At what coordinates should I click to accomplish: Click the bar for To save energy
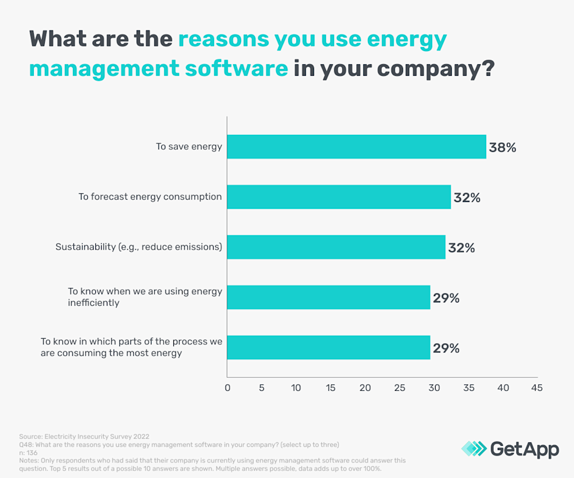click(356, 147)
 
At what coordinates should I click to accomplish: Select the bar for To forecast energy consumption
click(339, 197)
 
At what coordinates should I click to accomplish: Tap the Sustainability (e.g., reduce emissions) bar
click(336, 247)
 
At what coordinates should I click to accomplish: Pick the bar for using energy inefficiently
click(328, 297)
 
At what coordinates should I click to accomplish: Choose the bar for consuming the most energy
click(328, 347)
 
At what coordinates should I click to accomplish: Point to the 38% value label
click(502, 147)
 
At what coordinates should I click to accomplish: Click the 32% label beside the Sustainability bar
click(461, 248)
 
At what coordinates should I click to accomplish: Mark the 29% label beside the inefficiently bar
click(446, 298)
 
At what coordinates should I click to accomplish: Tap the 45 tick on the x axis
click(537, 388)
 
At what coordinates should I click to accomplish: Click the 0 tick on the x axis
click(227, 388)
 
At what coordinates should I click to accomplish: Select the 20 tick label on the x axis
click(365, 388)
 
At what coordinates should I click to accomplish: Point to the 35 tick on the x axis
click(468, 388)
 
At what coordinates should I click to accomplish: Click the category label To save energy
click(189, 147)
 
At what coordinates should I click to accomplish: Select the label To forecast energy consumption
click(150, 197)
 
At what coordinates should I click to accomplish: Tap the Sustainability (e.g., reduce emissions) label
click(138, 247)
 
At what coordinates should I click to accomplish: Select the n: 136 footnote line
click(28, 453)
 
